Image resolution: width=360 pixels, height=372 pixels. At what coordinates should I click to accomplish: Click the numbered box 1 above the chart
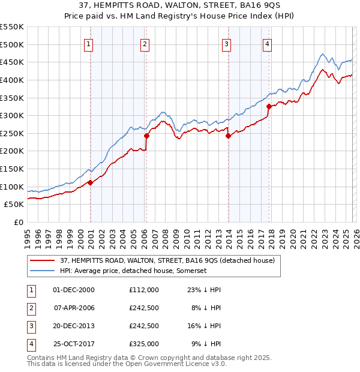coord(88,43)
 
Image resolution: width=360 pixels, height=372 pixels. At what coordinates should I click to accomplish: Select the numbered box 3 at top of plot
coord(227,43)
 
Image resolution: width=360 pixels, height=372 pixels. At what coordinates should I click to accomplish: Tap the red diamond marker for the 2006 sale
coord(146,136)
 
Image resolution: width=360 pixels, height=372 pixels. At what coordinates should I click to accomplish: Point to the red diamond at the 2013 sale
coord(229,136)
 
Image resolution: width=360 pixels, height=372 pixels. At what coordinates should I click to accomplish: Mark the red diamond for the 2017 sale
coord(269,106)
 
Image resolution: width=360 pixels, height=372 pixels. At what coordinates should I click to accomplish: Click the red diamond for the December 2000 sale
coord(90,182)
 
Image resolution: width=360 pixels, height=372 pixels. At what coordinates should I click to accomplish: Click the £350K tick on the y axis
coord(12,98)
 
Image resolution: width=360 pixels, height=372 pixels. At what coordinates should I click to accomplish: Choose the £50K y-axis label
coord(14,205)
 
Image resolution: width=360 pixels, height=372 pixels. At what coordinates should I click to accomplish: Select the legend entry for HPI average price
coord(133,271)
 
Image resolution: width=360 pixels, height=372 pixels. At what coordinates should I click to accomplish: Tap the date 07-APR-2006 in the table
coord(74,308)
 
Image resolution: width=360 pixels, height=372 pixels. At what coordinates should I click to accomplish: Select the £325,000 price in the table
coord(144,344)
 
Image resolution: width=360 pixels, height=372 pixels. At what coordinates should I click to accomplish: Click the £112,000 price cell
coord(144,290)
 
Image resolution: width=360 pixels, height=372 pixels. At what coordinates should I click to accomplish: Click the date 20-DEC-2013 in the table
coord(74,326)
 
